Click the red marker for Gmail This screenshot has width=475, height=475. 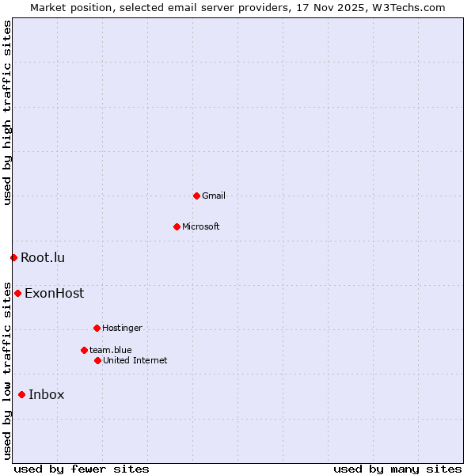[196, 196]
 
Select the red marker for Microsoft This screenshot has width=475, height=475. [177, 226]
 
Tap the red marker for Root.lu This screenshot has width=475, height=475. [13, 257]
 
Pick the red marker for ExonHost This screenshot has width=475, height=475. [17, 293]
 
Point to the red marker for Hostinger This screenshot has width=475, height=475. [97, 328]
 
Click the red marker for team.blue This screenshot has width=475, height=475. [84, 350]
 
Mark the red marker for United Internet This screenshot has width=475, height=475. [97, 360]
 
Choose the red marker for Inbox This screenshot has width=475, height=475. [21, 394]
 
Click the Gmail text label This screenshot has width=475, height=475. [214, 196]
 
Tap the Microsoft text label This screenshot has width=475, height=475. [201, 226]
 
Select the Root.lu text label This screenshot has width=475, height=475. [43, 257]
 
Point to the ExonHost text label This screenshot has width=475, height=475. [54, 293]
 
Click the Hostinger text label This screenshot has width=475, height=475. [122, 328]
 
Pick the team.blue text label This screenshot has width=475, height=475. [111, 350]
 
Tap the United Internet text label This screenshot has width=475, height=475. [135, 360]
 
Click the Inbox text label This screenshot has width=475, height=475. [47, 394]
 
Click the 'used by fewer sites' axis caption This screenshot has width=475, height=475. [82, 469]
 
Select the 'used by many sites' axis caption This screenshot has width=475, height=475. [397, 469]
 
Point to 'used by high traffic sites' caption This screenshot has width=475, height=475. [7, 112]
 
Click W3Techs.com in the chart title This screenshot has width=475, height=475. [407, 7]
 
